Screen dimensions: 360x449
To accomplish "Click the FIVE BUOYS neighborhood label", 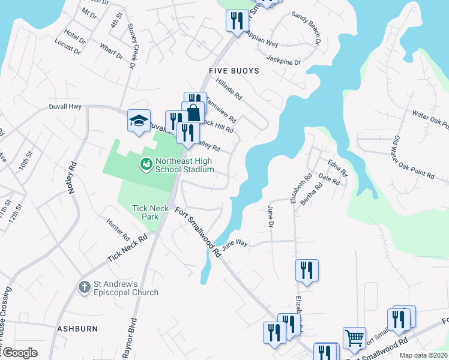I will click(234, 71).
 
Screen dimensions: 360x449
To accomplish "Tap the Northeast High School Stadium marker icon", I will click(145, 163).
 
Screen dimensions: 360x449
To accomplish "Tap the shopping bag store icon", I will click(194, 112).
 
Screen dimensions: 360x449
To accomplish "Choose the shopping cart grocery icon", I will click(354, 337).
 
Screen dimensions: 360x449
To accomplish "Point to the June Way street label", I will click(235, 244).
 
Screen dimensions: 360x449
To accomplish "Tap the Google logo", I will click(20, 353).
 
